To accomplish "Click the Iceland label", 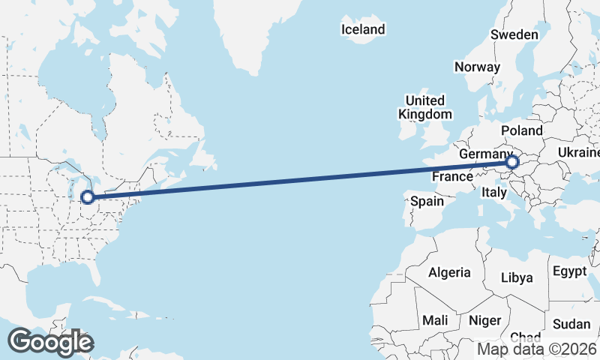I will coord(363,30).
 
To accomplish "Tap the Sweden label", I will coord(514,34).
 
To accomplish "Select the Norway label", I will coord(477,67).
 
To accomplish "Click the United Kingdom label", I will coord(425,107).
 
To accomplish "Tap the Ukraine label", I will coord(578,152).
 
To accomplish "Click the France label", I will coord(452,177).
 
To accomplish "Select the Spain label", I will coord(427,201).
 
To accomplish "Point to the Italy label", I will coord(494,193).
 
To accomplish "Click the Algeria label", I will coord(450,273).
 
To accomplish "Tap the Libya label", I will coord(517,277).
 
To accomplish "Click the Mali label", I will coord(435,320).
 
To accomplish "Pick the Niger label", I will coord(484,320).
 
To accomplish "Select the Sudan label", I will coord(572,324).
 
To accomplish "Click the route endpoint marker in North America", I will coord(88,197).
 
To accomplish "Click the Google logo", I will coord(51,341).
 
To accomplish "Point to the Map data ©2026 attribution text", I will coord(537,349).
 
